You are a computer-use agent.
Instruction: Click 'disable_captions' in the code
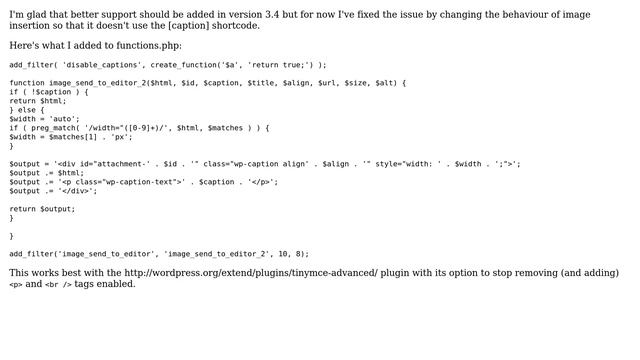pos(96,64)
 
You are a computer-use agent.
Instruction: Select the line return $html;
pos(37,101)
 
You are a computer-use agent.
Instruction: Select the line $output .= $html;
pos(47,173)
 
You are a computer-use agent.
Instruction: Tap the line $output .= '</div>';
pos(53,191)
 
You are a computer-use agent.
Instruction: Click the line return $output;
pos(42,209)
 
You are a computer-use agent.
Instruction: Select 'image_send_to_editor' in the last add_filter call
pos(103,254)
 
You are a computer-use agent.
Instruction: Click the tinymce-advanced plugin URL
pos(251,273)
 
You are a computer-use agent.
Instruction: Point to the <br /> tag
pos(59,285)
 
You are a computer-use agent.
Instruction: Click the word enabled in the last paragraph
pos(117,284)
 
